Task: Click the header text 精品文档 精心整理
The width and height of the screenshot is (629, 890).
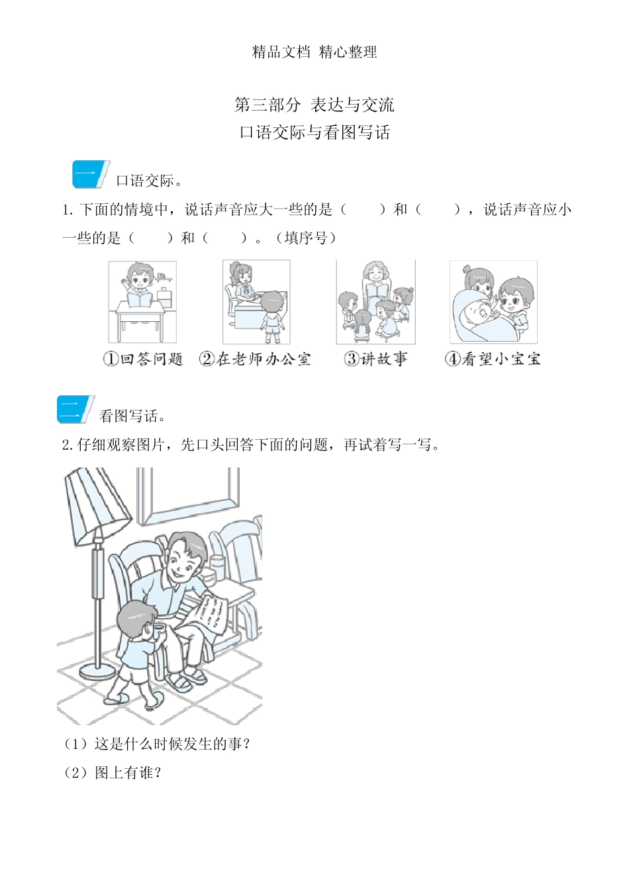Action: (314, 52)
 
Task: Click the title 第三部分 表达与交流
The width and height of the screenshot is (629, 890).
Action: (314, 105)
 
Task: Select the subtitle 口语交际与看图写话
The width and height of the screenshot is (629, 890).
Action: (314, 132)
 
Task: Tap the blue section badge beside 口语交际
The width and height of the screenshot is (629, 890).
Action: (90, 175)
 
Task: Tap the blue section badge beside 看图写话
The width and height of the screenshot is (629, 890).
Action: (75, 410)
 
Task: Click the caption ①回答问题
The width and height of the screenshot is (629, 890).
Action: (143, 359)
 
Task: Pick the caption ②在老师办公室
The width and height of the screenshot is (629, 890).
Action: (255, 359)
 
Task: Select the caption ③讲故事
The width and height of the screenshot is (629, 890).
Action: (375, 359)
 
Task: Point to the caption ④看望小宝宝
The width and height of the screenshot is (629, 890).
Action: (493, 359)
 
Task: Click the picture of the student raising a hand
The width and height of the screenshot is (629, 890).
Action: (142, 301)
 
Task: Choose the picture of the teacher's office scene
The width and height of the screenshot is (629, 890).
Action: (256, 301)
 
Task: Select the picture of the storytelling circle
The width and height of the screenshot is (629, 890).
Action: (375, 301)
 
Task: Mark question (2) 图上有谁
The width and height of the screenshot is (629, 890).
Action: (113, 773)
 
